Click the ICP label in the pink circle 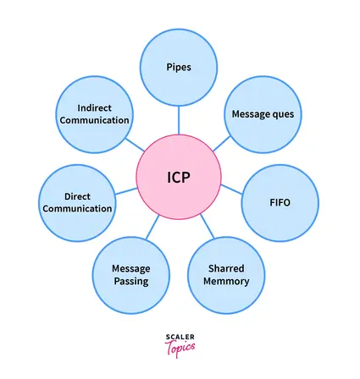coord(179,178)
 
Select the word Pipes coord(179,67)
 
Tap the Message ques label coord(263,114)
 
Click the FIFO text coord(280,202)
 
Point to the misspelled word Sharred coord(226,268)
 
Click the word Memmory coord(226,281)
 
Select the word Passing coord(131,282)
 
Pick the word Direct coord(77,196)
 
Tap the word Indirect coord(94,107)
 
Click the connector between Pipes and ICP coord(179,120)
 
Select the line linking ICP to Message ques coord(222,144)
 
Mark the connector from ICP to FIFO coord(231,189)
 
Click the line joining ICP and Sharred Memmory coord(208,226)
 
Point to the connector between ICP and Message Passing coord(152,228)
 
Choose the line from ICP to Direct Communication coord(126,191)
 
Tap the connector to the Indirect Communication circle coord(135,145)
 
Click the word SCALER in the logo coord(180,337)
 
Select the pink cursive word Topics coord(180,348)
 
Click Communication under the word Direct coord(77,209)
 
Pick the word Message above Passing coord(131,268)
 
